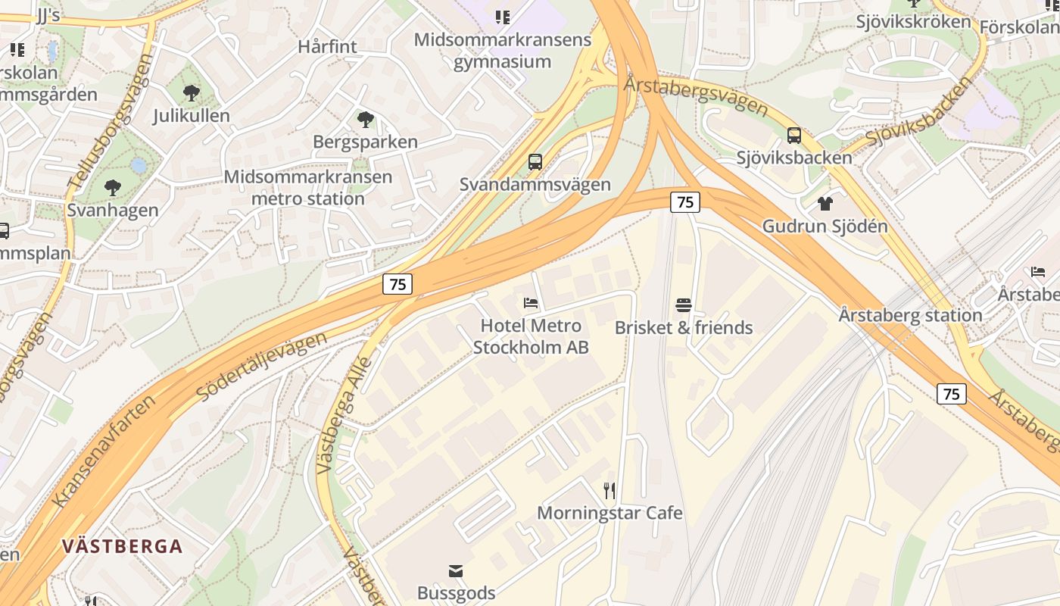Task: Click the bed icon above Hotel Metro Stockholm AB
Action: coord(531,303)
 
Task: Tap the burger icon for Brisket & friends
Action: coord(684,305)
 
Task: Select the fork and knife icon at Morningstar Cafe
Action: coord(609,491)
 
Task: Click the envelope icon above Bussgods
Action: coord(456,571)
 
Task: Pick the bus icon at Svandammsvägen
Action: coord(535,162)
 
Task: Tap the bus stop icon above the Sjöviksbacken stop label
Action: coord(793,136)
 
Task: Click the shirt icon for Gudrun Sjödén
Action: coord(825,203)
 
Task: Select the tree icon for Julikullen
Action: coord(192,93)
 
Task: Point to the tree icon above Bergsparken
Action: coord(365,119)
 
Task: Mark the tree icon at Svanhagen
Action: coord(113,187)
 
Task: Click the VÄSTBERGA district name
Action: coord(123,546)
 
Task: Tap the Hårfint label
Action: coord(327,46)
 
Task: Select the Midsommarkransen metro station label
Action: coord(308,188)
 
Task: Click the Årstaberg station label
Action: coord(910,315)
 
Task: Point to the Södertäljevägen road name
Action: coord(261,366)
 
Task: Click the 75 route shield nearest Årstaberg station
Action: coord(952,394)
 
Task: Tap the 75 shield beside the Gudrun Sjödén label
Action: coord(684,202)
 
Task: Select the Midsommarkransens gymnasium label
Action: coord(503,50)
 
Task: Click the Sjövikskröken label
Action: coord(913,21)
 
